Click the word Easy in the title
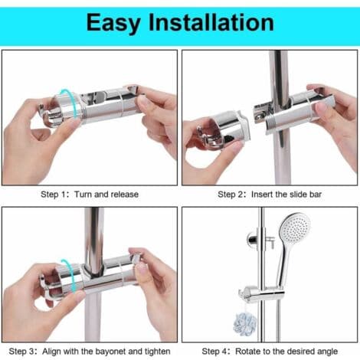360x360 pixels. (113, 23)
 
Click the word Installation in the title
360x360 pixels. (211, 22)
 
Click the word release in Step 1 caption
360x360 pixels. (125, 195)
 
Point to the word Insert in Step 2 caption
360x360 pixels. (262, 195)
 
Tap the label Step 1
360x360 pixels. (54, 195)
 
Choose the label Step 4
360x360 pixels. (214, 352)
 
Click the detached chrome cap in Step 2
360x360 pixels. (223, 129)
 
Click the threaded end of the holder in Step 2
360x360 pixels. (273, 124)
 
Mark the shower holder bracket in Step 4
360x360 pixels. (261, 294)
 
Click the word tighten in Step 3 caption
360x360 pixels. (157, 352)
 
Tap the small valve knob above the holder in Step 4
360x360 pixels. (270, 242)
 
